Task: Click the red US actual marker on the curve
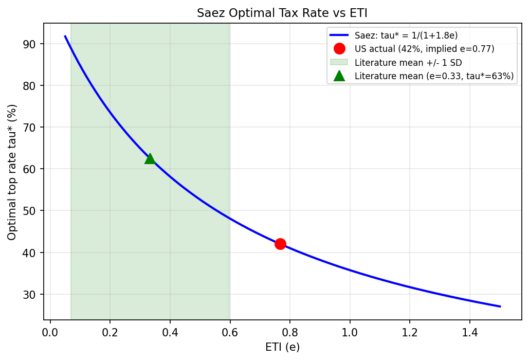280,244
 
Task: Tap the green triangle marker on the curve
150,158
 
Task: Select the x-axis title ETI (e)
282,347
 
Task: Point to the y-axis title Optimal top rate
12,172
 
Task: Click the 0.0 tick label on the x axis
50,332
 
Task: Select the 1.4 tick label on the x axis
469,332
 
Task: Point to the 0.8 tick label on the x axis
290,332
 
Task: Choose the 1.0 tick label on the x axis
350,332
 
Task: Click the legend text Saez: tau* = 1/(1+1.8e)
406,35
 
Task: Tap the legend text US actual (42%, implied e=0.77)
425,49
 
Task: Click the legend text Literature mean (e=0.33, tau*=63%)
434,76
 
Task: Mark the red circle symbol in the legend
339,49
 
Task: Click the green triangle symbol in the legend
339,76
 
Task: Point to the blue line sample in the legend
339,35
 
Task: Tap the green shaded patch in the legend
339,62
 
